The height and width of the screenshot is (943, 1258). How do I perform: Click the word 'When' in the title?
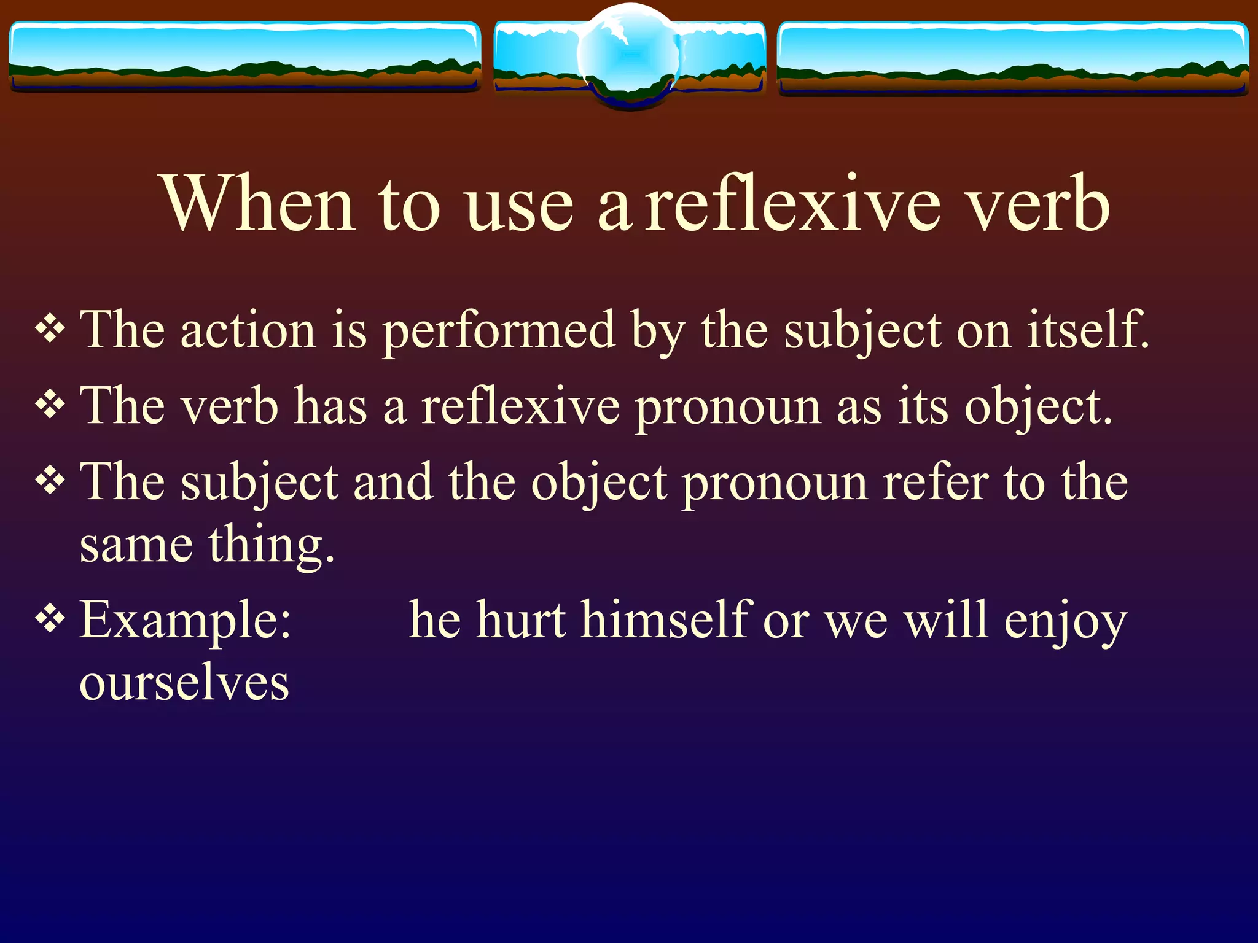[x=258, y=204]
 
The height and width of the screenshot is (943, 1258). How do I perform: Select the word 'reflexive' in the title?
[x=792, y=204]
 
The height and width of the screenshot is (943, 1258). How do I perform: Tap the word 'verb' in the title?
[x=1038, y=204]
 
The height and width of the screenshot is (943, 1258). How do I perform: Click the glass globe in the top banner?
[x=629, y=56]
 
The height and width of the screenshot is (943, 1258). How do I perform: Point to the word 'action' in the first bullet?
[x=248, y=332]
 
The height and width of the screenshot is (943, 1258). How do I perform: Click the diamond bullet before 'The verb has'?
[x=50, y=405]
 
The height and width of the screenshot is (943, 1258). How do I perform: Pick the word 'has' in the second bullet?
[x=331, y=407]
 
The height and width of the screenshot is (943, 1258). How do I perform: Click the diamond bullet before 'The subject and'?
[x=50, y=481]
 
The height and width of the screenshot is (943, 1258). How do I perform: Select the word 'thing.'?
[x=272, y=545]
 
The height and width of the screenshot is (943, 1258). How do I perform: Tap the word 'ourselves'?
[x=184, y=683]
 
